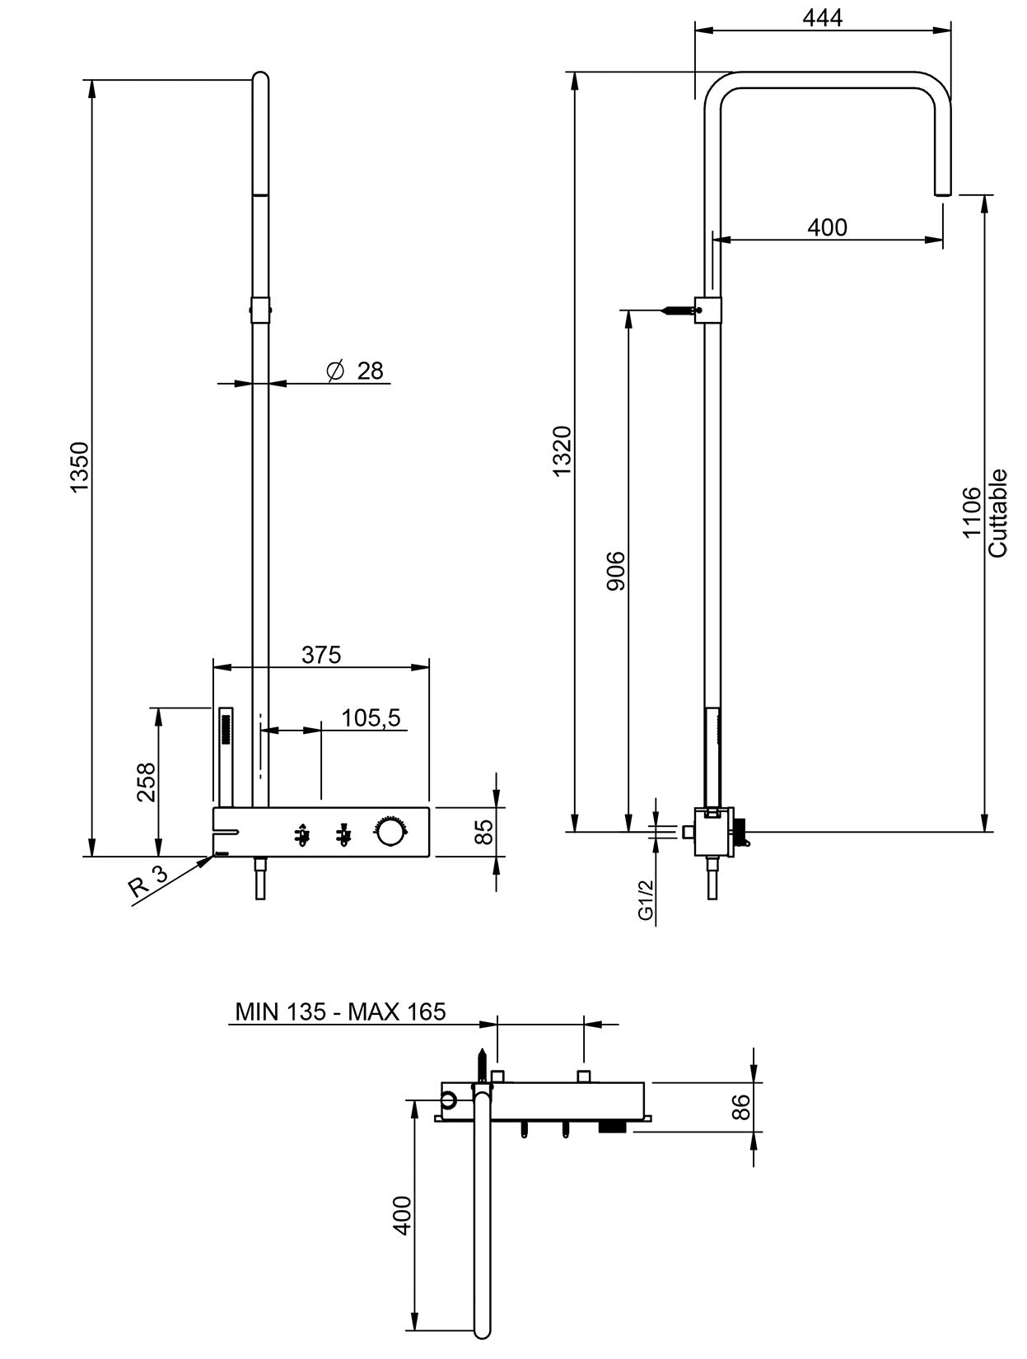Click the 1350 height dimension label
click(x=79, y=467)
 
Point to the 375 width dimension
click(x=320, y=655)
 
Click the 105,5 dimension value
click(x=371, y=718)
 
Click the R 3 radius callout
click(x=148, y=886)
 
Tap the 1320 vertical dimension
click(x=562, y=451)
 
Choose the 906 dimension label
click(x=616, y=571)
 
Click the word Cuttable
click(x=997, y=513)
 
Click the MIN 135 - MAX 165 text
click(x=340, y=1011)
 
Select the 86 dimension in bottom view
click(x=741, y=1106)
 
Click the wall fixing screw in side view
click(x=679, y=311)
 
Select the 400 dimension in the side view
click(x=827, y=227)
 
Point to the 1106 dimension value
click(x=972, y=511)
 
